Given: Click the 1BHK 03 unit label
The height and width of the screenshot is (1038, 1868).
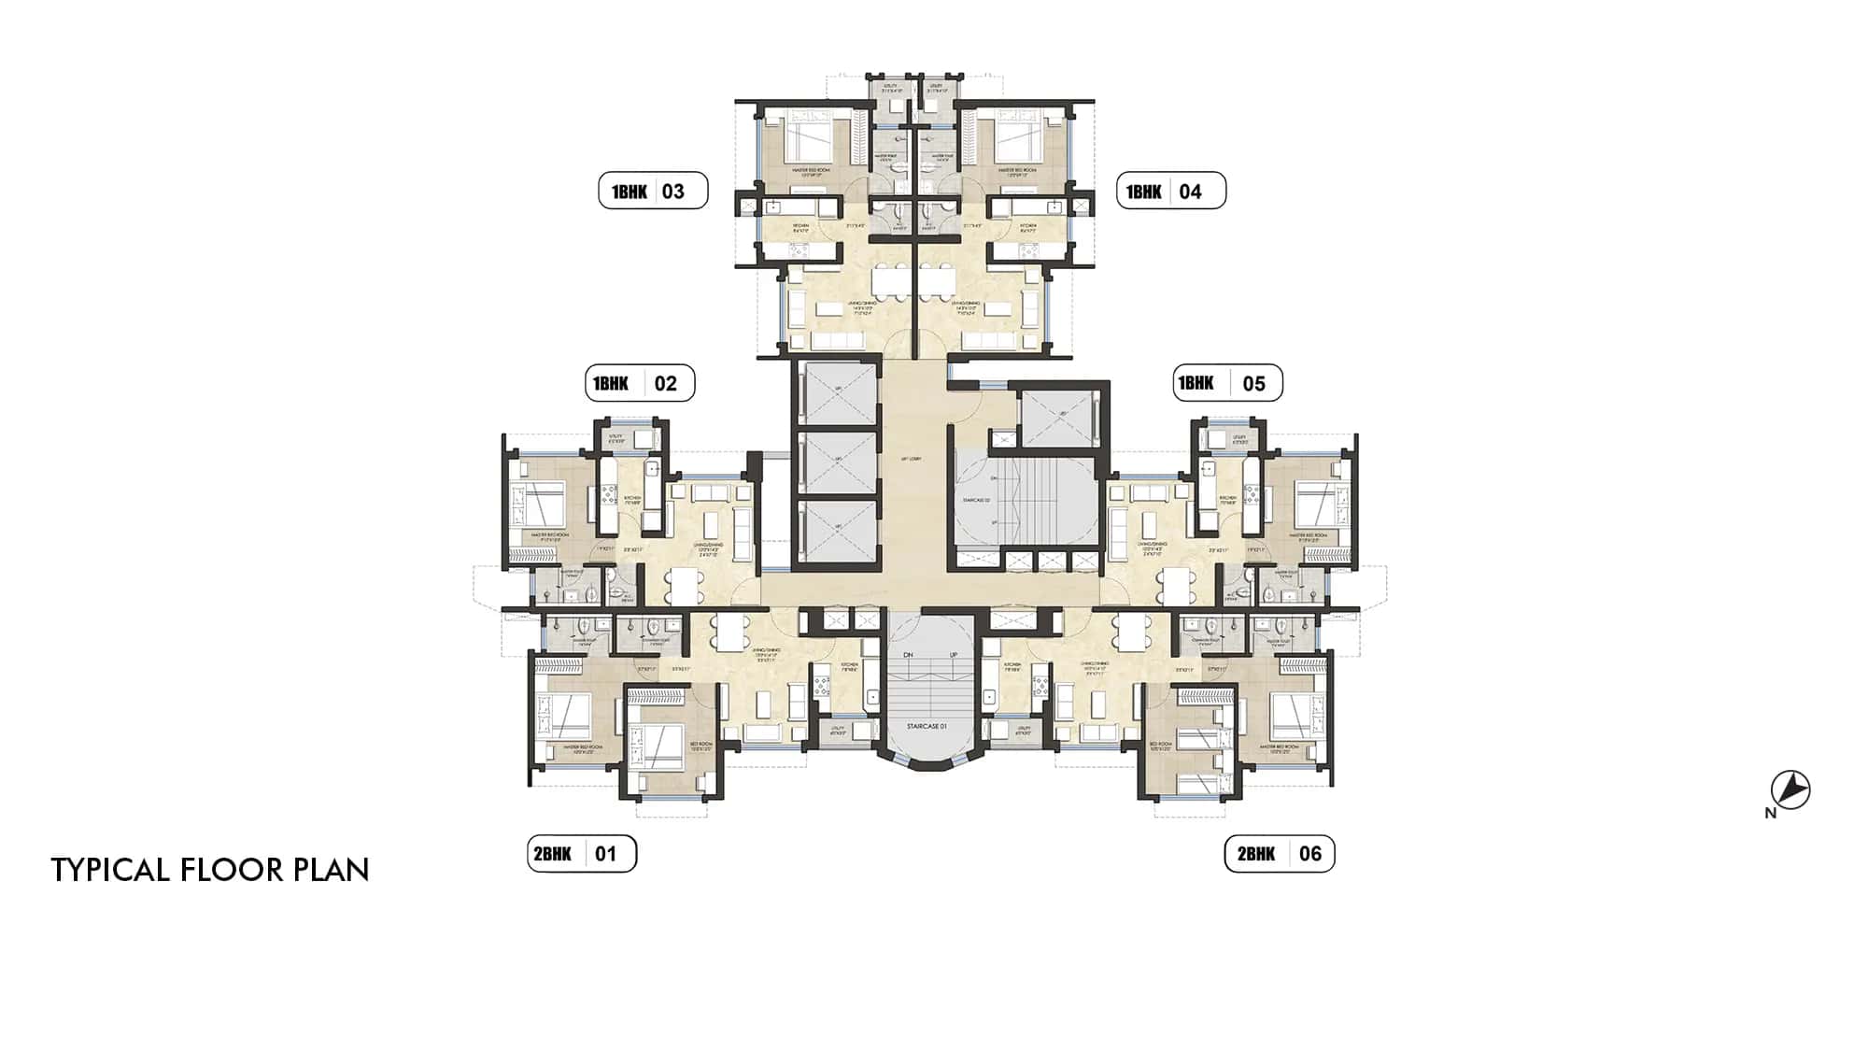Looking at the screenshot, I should (653, 192).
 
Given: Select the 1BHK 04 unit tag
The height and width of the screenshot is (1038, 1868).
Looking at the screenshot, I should (1171, 192).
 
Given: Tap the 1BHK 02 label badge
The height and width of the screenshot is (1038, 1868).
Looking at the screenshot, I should (640, 383).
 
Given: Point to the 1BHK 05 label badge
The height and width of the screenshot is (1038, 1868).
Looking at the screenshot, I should (1227, 383).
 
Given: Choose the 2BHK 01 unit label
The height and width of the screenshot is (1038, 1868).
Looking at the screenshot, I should (581, 853).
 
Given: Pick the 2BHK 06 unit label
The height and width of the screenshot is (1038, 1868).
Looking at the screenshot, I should (1280, 853).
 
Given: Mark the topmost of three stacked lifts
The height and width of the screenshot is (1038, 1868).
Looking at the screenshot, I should (838, 392).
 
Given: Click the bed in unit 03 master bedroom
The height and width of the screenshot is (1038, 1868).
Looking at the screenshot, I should (809, 140).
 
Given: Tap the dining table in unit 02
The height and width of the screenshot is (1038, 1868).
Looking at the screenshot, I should (686, 587).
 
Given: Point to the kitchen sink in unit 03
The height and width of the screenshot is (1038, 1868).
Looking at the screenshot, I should (774, 206).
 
